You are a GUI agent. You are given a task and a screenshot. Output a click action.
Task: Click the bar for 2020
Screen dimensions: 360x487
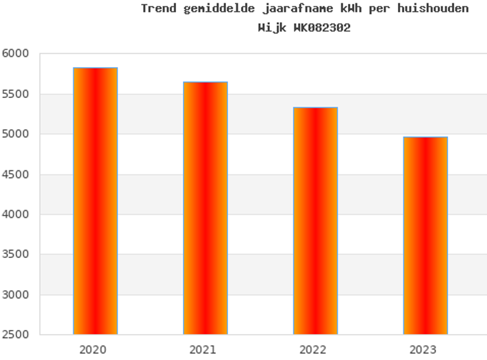[95, 201]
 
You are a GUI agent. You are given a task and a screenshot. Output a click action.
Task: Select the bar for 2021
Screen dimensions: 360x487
[205, 208]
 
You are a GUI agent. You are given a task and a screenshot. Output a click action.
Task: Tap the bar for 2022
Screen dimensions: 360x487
[315, 221]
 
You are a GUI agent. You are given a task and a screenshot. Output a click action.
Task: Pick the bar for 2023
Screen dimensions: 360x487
[425, 235]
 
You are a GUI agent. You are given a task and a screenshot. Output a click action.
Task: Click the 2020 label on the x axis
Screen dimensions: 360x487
[92, 350]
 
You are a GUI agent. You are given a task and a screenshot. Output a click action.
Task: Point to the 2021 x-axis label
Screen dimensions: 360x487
[203, 350]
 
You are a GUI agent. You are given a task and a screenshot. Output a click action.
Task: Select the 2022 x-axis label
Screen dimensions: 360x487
[313, 350]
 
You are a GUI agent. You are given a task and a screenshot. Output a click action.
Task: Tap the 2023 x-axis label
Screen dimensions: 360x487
[423, 350]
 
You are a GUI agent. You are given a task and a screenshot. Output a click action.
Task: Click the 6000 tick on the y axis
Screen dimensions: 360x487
[15, 53]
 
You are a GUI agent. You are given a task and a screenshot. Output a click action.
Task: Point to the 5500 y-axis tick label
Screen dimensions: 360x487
[15, 94]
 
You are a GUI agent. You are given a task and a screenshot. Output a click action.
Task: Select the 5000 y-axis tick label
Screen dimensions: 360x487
[15, 134]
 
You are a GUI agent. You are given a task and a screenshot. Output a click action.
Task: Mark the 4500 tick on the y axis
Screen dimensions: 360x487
[15, 175]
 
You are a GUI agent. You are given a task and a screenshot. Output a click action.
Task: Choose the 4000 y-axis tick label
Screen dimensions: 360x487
[15, 214]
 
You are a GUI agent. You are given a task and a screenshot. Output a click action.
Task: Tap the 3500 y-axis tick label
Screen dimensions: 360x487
[15, 255]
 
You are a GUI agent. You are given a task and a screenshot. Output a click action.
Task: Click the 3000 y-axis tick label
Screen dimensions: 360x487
[15, 295]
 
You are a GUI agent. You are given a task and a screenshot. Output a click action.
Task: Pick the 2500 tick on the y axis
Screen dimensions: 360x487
[15, 335]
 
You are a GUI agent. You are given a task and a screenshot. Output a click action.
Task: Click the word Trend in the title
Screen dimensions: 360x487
[158, 8]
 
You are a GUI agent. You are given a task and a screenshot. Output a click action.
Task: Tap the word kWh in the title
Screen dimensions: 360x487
[351, 8]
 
